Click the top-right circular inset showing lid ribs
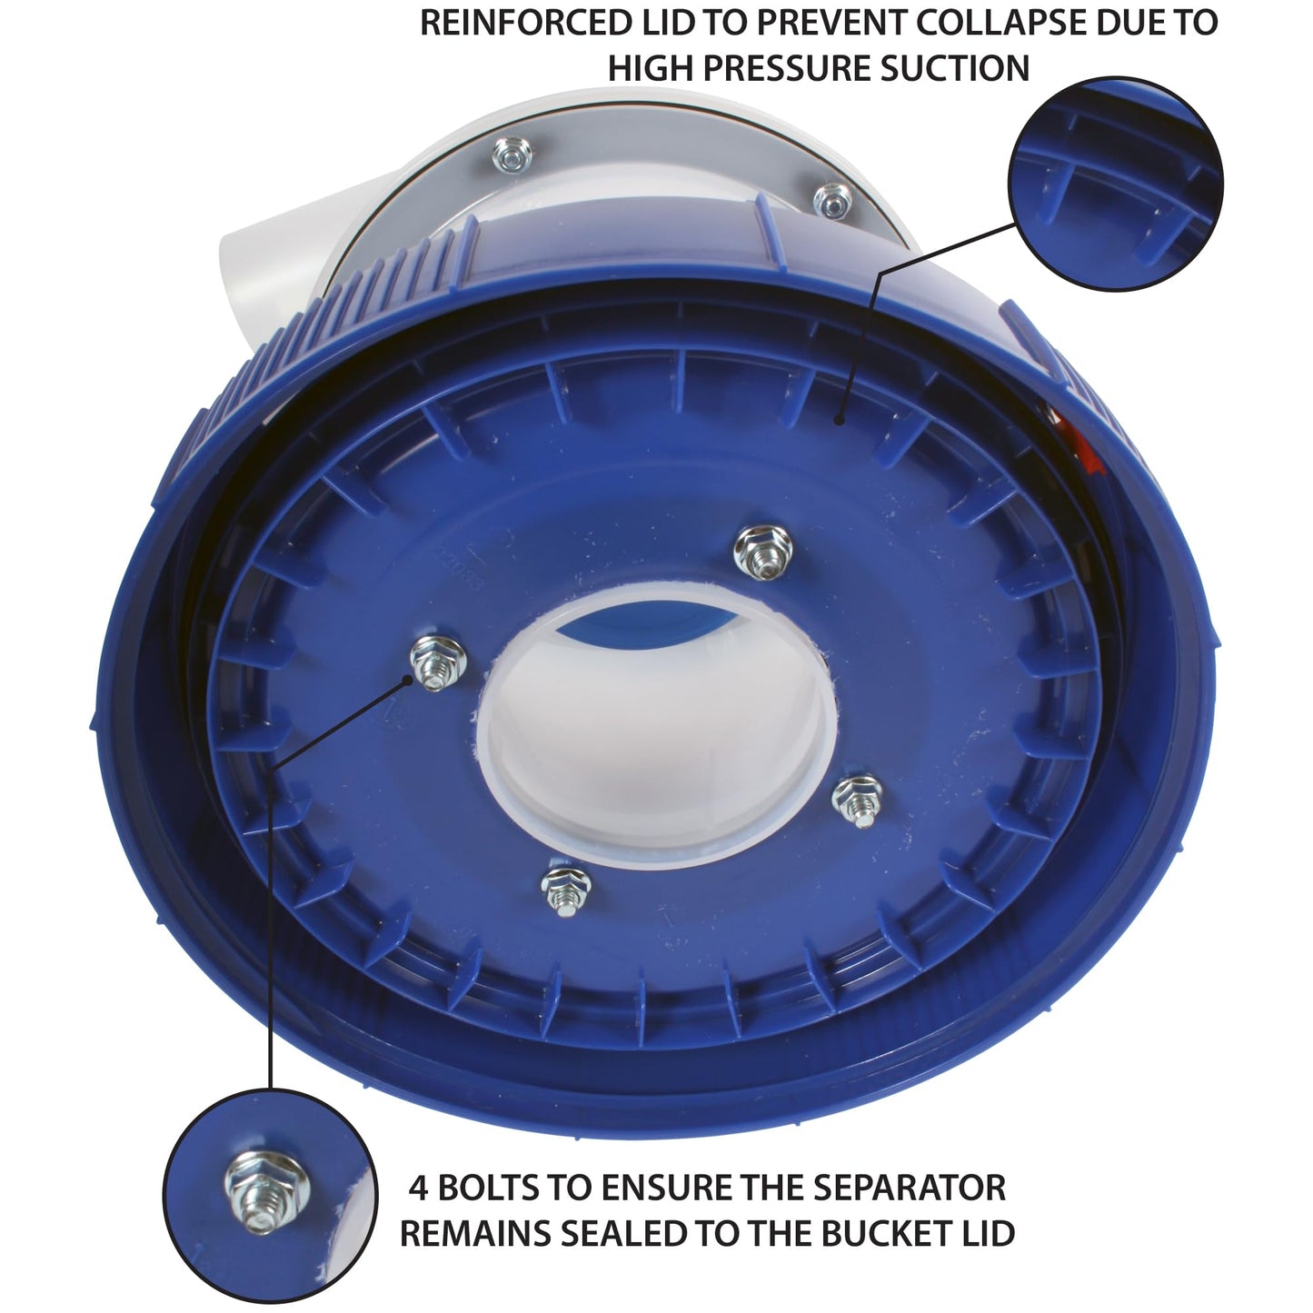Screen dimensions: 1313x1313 [x=1116, y=184]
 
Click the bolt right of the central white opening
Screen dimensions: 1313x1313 [x=857, y=800]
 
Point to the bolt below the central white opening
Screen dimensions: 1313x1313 [x=565, y=890]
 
